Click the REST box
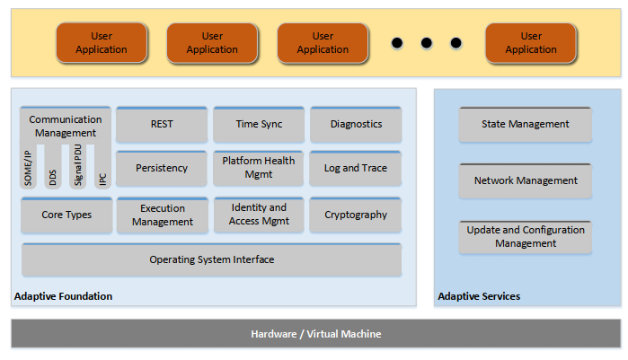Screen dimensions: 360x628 pos(162,125)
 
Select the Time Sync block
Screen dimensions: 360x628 pos(259,125)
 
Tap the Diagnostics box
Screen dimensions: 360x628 pos(356,125)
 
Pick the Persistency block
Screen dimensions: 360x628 pos(162,169)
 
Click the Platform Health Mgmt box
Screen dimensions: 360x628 pos(259,168)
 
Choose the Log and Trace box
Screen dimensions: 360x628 pos(356,169)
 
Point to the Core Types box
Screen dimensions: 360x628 pos(66,215)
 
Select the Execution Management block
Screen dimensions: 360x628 pos(162,215)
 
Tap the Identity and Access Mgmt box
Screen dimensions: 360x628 pos(259,215)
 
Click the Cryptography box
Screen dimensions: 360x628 pos(356,215)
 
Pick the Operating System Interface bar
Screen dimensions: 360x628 pos(211,260)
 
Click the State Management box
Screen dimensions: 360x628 pos(526,125)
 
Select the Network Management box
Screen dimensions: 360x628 pos(526,181)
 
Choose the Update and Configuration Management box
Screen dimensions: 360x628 pos(526,237)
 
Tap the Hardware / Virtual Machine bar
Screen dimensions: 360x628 pos(315,334)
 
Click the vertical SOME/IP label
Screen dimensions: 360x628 pos(30,167)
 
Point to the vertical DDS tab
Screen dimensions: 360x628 pos(53,176)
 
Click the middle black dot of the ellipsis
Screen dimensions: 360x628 pos(427,43)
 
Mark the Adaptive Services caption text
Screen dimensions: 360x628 pos(479,296)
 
